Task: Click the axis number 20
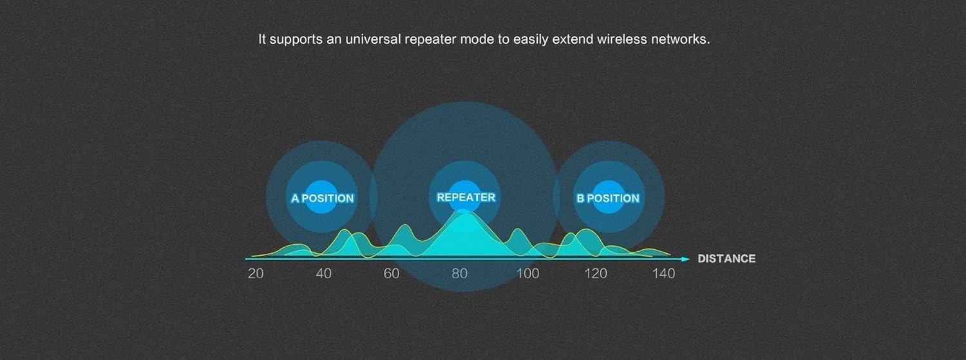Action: (x=256, y=273)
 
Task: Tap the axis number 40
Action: (x=323, y=273)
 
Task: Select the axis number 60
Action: (x=392, y=273)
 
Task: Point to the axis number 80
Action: (x=460, y=273)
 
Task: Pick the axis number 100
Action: (x=528, y=273)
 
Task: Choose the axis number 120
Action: (x=596, y=273)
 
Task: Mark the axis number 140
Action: (x=664, y=273)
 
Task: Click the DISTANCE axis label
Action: (x=726, y=259)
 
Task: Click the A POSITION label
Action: (x=323, y=198)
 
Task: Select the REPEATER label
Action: (x=466, y=198)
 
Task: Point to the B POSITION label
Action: (x=608, y=198)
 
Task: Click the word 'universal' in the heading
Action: (x=373, y=39)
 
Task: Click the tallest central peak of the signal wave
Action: (x=464, y=213)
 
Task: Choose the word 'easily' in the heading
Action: (x=531, y=40)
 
